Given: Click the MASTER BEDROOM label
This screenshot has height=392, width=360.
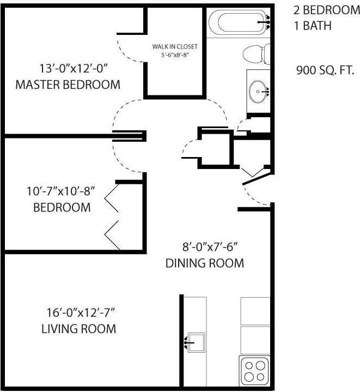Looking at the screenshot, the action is pyautogui.click(x=68, y=85).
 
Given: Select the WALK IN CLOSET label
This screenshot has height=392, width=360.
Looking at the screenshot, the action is pyautogui.click(x=175, y=46).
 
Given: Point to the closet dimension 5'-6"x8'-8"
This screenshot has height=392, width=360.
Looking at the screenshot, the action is pyautogui.click(x=174, y=55).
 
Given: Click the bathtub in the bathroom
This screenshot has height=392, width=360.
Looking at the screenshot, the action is pyautogui.click(x=239, y=22).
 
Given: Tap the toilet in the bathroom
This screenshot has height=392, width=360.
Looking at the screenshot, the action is pyautogui.click(x=257, y=54).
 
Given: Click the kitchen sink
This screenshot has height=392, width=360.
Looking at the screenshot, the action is pyautogui.click(x=196, y=342).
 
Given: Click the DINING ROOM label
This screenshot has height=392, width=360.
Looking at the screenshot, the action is pyautogui.click(x=205, y=263).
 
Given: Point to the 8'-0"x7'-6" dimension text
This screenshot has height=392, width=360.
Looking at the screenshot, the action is pyautogui.click(x=210, y=248).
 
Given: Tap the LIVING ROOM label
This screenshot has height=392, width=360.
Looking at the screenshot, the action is pyautogui.click(x=78, y=329).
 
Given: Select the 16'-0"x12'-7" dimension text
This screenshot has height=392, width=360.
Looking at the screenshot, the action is pyautogui.click(x=81, y=313).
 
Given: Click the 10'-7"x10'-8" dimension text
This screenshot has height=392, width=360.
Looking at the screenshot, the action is pyautogui.click(x=61, y=191).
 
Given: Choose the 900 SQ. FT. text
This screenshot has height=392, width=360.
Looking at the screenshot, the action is pyautogui.click(x=325, y=70).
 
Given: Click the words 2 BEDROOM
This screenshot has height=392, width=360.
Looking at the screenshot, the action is pyautogui.click(x=327, y=10).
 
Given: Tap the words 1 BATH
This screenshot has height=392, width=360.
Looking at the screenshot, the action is pyautogui.click(x=313, y=26).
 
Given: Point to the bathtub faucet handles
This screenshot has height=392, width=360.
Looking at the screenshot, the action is pyautogui.click(x=268, y=22).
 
